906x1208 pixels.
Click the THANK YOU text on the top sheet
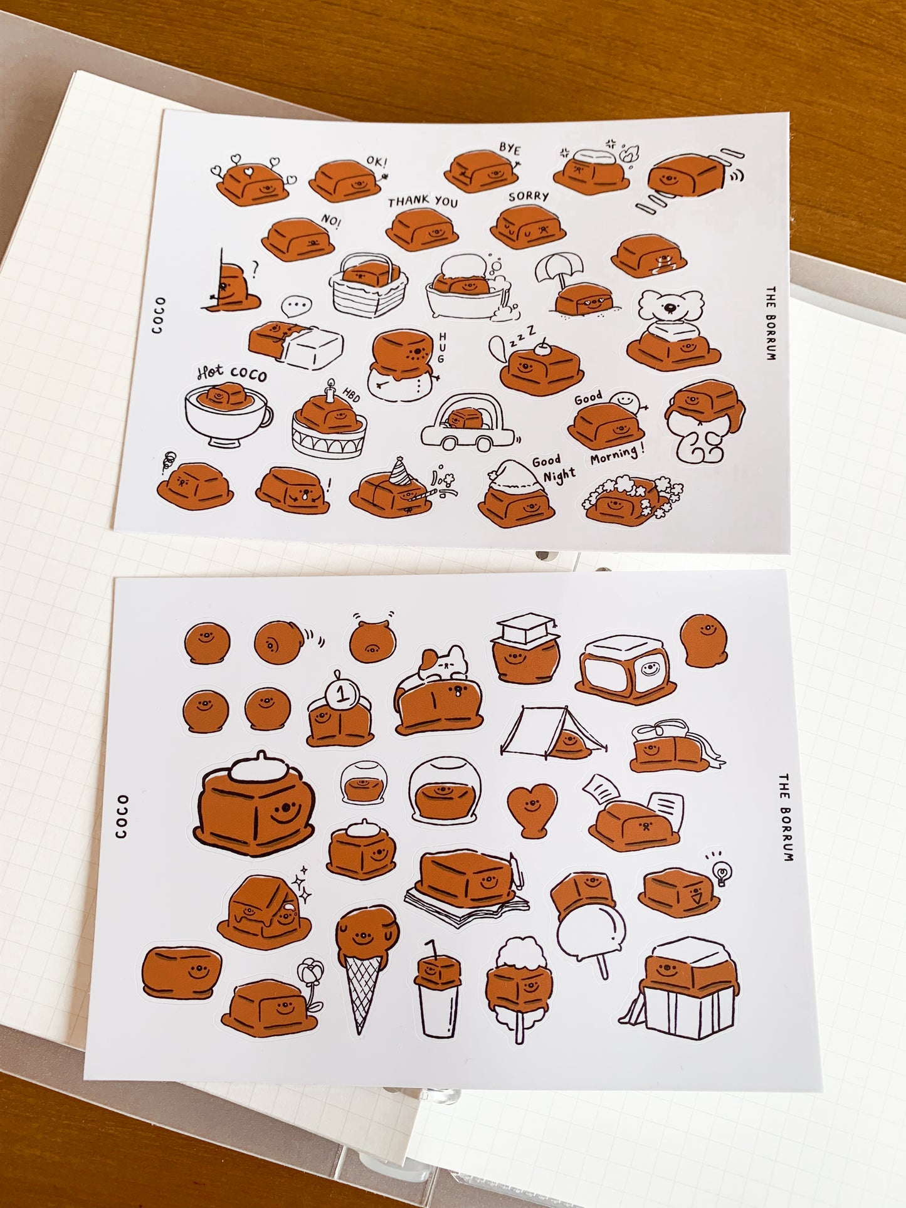coord(423,201)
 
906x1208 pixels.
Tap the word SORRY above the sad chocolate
coord(529,196)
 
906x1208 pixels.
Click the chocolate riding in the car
coord(466,419)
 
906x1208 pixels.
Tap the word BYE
coord(510,150)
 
